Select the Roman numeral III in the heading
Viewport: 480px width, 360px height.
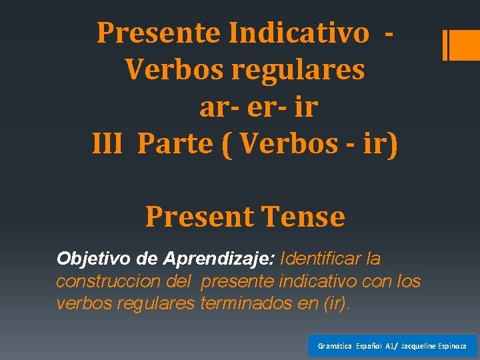coord(107,144)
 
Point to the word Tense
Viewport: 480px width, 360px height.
coord(304,217)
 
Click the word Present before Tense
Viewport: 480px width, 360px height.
coord(200,217)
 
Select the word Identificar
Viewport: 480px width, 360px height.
coord(321,258)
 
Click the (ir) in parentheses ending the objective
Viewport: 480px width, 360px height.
coord(335,304)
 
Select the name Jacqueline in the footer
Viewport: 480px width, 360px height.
coord(421,346)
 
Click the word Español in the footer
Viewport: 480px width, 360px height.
coord(370,346)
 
